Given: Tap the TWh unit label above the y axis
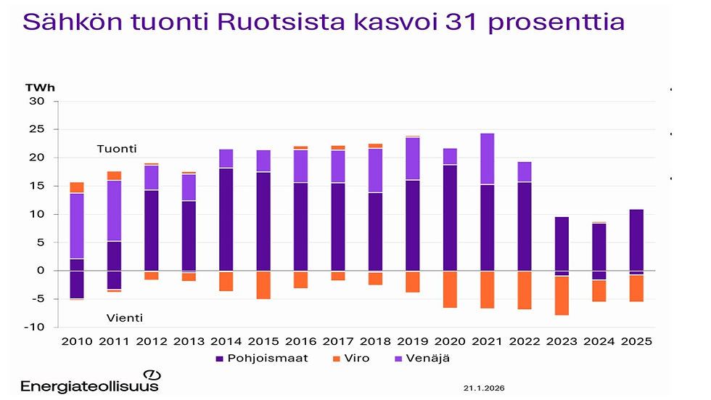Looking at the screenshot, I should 39,88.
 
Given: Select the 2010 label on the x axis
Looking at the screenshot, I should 77,341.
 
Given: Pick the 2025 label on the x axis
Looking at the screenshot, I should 636,341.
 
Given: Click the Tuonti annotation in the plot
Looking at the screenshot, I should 117,149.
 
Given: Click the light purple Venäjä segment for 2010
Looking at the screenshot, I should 77,226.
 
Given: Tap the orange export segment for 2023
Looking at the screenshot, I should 562,295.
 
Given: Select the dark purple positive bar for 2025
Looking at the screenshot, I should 636,240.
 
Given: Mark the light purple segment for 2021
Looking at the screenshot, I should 487,159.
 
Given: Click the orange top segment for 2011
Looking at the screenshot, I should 114,175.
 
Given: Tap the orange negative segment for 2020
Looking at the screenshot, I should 450,290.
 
